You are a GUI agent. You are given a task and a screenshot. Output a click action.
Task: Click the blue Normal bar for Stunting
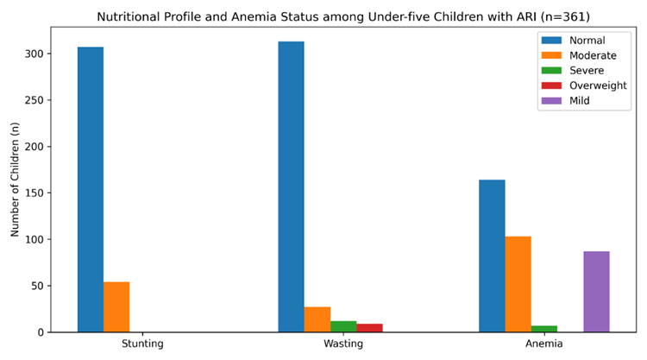tap(91, 189)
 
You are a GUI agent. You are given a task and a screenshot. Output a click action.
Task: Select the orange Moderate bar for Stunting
tap(116, 306)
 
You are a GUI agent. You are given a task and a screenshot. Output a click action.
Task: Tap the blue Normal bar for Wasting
tap(291, 186)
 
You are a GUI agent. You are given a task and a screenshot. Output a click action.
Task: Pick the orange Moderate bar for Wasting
tap(317, 319)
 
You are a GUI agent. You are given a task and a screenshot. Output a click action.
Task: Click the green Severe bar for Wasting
tap(343, 326)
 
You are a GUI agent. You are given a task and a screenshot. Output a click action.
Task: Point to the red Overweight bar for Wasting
tap(369, 328)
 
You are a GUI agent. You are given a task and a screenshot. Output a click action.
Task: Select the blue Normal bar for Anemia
tap(492, 256)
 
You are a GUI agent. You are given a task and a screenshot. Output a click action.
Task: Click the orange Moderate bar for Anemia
tap(518, 284)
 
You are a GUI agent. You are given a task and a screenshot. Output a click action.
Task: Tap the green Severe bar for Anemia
tap(543, 329)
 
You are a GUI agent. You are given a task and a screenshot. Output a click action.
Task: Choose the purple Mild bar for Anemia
tap(596, 292)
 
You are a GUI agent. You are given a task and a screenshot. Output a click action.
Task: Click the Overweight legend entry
tap(584, 85)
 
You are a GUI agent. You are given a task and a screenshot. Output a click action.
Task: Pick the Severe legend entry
tap(573, 71)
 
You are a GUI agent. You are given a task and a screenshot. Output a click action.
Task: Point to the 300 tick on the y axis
tap(48, 54)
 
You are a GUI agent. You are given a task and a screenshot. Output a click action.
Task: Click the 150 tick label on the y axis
tap(33, 193)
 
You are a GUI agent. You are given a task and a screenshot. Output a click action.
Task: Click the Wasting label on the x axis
tap(343, 344)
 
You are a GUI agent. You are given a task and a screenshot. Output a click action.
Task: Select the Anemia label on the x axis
tap(543, 344)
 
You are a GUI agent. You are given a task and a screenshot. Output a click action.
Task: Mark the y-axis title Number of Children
tap(15, 180)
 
